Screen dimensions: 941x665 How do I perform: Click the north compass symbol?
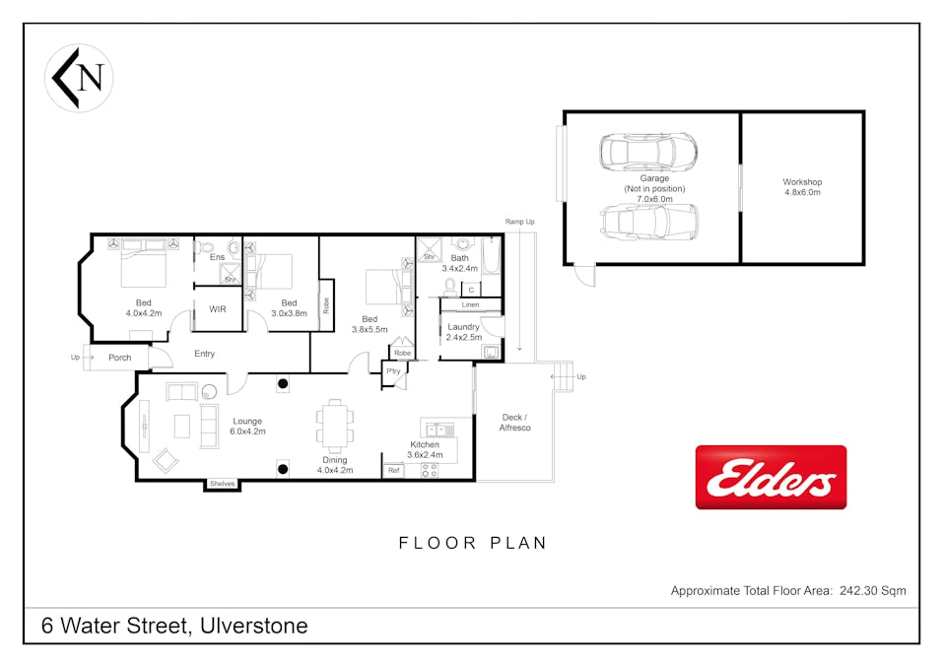tap(79, 78)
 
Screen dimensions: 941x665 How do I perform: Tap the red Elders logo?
tap(771, 477)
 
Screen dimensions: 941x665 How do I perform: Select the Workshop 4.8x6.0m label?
tap(802, 186)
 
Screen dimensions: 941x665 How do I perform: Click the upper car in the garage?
tap(648, 153)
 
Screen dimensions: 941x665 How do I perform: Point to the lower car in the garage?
tap(650, 222)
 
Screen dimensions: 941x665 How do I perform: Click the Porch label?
tap(120, 358)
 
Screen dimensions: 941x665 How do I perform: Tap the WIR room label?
tap(217, 309)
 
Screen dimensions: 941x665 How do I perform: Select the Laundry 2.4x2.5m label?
tap(464, 332)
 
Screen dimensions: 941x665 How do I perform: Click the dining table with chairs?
tap(335, 427)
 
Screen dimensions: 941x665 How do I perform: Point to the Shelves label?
tap(222, 484)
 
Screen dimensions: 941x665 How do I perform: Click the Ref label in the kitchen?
tap(394, 471)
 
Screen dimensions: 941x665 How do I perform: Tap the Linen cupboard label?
tap(471, 304)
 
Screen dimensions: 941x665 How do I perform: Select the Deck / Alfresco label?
tap(515, 423)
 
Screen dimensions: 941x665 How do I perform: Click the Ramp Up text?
tap(519, 222)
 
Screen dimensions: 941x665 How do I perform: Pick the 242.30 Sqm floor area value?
tap(873, 590)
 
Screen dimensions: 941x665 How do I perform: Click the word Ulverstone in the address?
tap(254, 626)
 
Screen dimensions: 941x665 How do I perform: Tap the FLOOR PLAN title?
tap(473, 543)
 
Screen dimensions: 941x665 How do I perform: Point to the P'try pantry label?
tap(393, 371)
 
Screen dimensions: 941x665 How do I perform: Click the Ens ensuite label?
tap(217, 257)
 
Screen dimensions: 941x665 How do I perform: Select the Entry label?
tap(205, 354)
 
